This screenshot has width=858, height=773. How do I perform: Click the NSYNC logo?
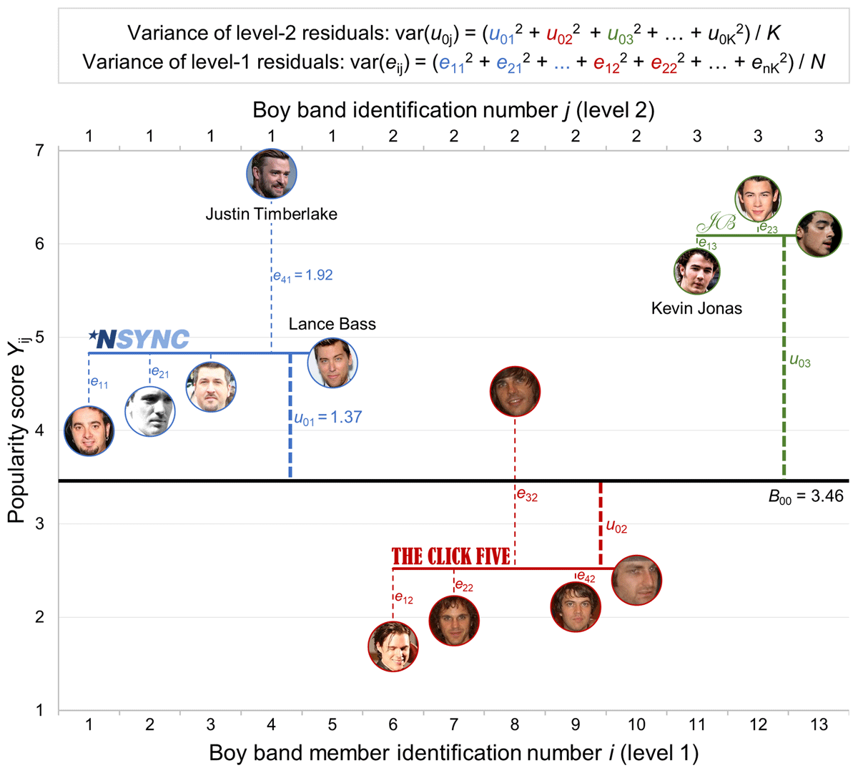point(139,339)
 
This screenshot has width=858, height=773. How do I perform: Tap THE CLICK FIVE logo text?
point(451,556)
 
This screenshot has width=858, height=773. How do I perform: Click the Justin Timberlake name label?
point(271,214)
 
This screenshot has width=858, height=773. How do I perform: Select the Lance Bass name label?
point(332,324)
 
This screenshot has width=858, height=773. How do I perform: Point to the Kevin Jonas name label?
point(696,308)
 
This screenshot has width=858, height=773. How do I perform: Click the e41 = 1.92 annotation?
point(302,275)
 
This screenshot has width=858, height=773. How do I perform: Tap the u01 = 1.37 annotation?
point(328,418)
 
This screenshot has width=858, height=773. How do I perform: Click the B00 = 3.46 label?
point(806,496)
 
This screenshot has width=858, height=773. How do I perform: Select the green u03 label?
point(799,362)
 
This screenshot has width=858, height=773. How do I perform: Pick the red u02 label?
point(616,528)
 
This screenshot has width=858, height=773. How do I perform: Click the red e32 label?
point(527,495)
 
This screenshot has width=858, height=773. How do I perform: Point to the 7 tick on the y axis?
point(39,150)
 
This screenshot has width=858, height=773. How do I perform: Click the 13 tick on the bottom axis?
point(819,725)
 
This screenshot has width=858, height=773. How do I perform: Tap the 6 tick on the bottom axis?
point(393,725)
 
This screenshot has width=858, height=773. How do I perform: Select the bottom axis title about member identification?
point(453,752)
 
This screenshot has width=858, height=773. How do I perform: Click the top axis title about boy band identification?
point(453,110)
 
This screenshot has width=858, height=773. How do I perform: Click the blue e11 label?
point(99,383)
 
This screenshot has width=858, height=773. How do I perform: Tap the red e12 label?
point(403,599)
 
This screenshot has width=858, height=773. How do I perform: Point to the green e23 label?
point(768,228)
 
